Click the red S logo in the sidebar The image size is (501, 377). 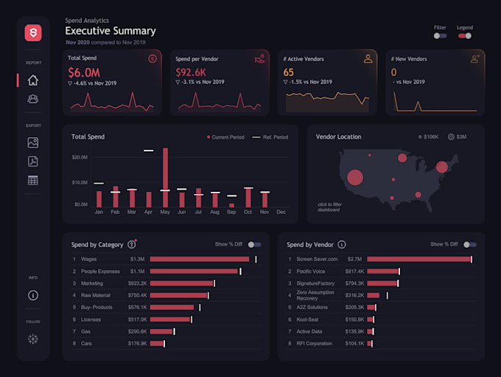pyautogui.click(x=33, y=32)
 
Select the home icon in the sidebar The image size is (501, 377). pyautogui.click(x=33, y=80)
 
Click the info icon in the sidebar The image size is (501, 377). pyautogui.click(x=33, y=295)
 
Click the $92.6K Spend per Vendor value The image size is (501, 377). pyautogui.click(x=190, y=72)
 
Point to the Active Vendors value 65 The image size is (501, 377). pyautogui.click(x=289, y=72)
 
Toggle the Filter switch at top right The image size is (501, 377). pyautogui.click(x=440, y=35)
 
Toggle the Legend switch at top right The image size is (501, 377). pyautogui.click(x=465, y=35)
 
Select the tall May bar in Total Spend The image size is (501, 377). pyautogui.click(x=165, y=177)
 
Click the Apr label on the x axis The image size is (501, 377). pyautogui.click(x=148, y=212)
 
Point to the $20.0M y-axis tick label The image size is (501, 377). pyautogui.click(x=80, y=158)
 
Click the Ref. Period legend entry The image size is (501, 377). pyautogui.click(x=270, y=137)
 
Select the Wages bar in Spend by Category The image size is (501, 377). pyautogui.click(x=200, y=259)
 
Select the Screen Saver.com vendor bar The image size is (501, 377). pyautogui.click(x=418, y=259)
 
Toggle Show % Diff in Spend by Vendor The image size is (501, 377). pyautogui.click(x=469, y=244)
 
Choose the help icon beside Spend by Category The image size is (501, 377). pyautogui.click(x=132, y=244)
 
